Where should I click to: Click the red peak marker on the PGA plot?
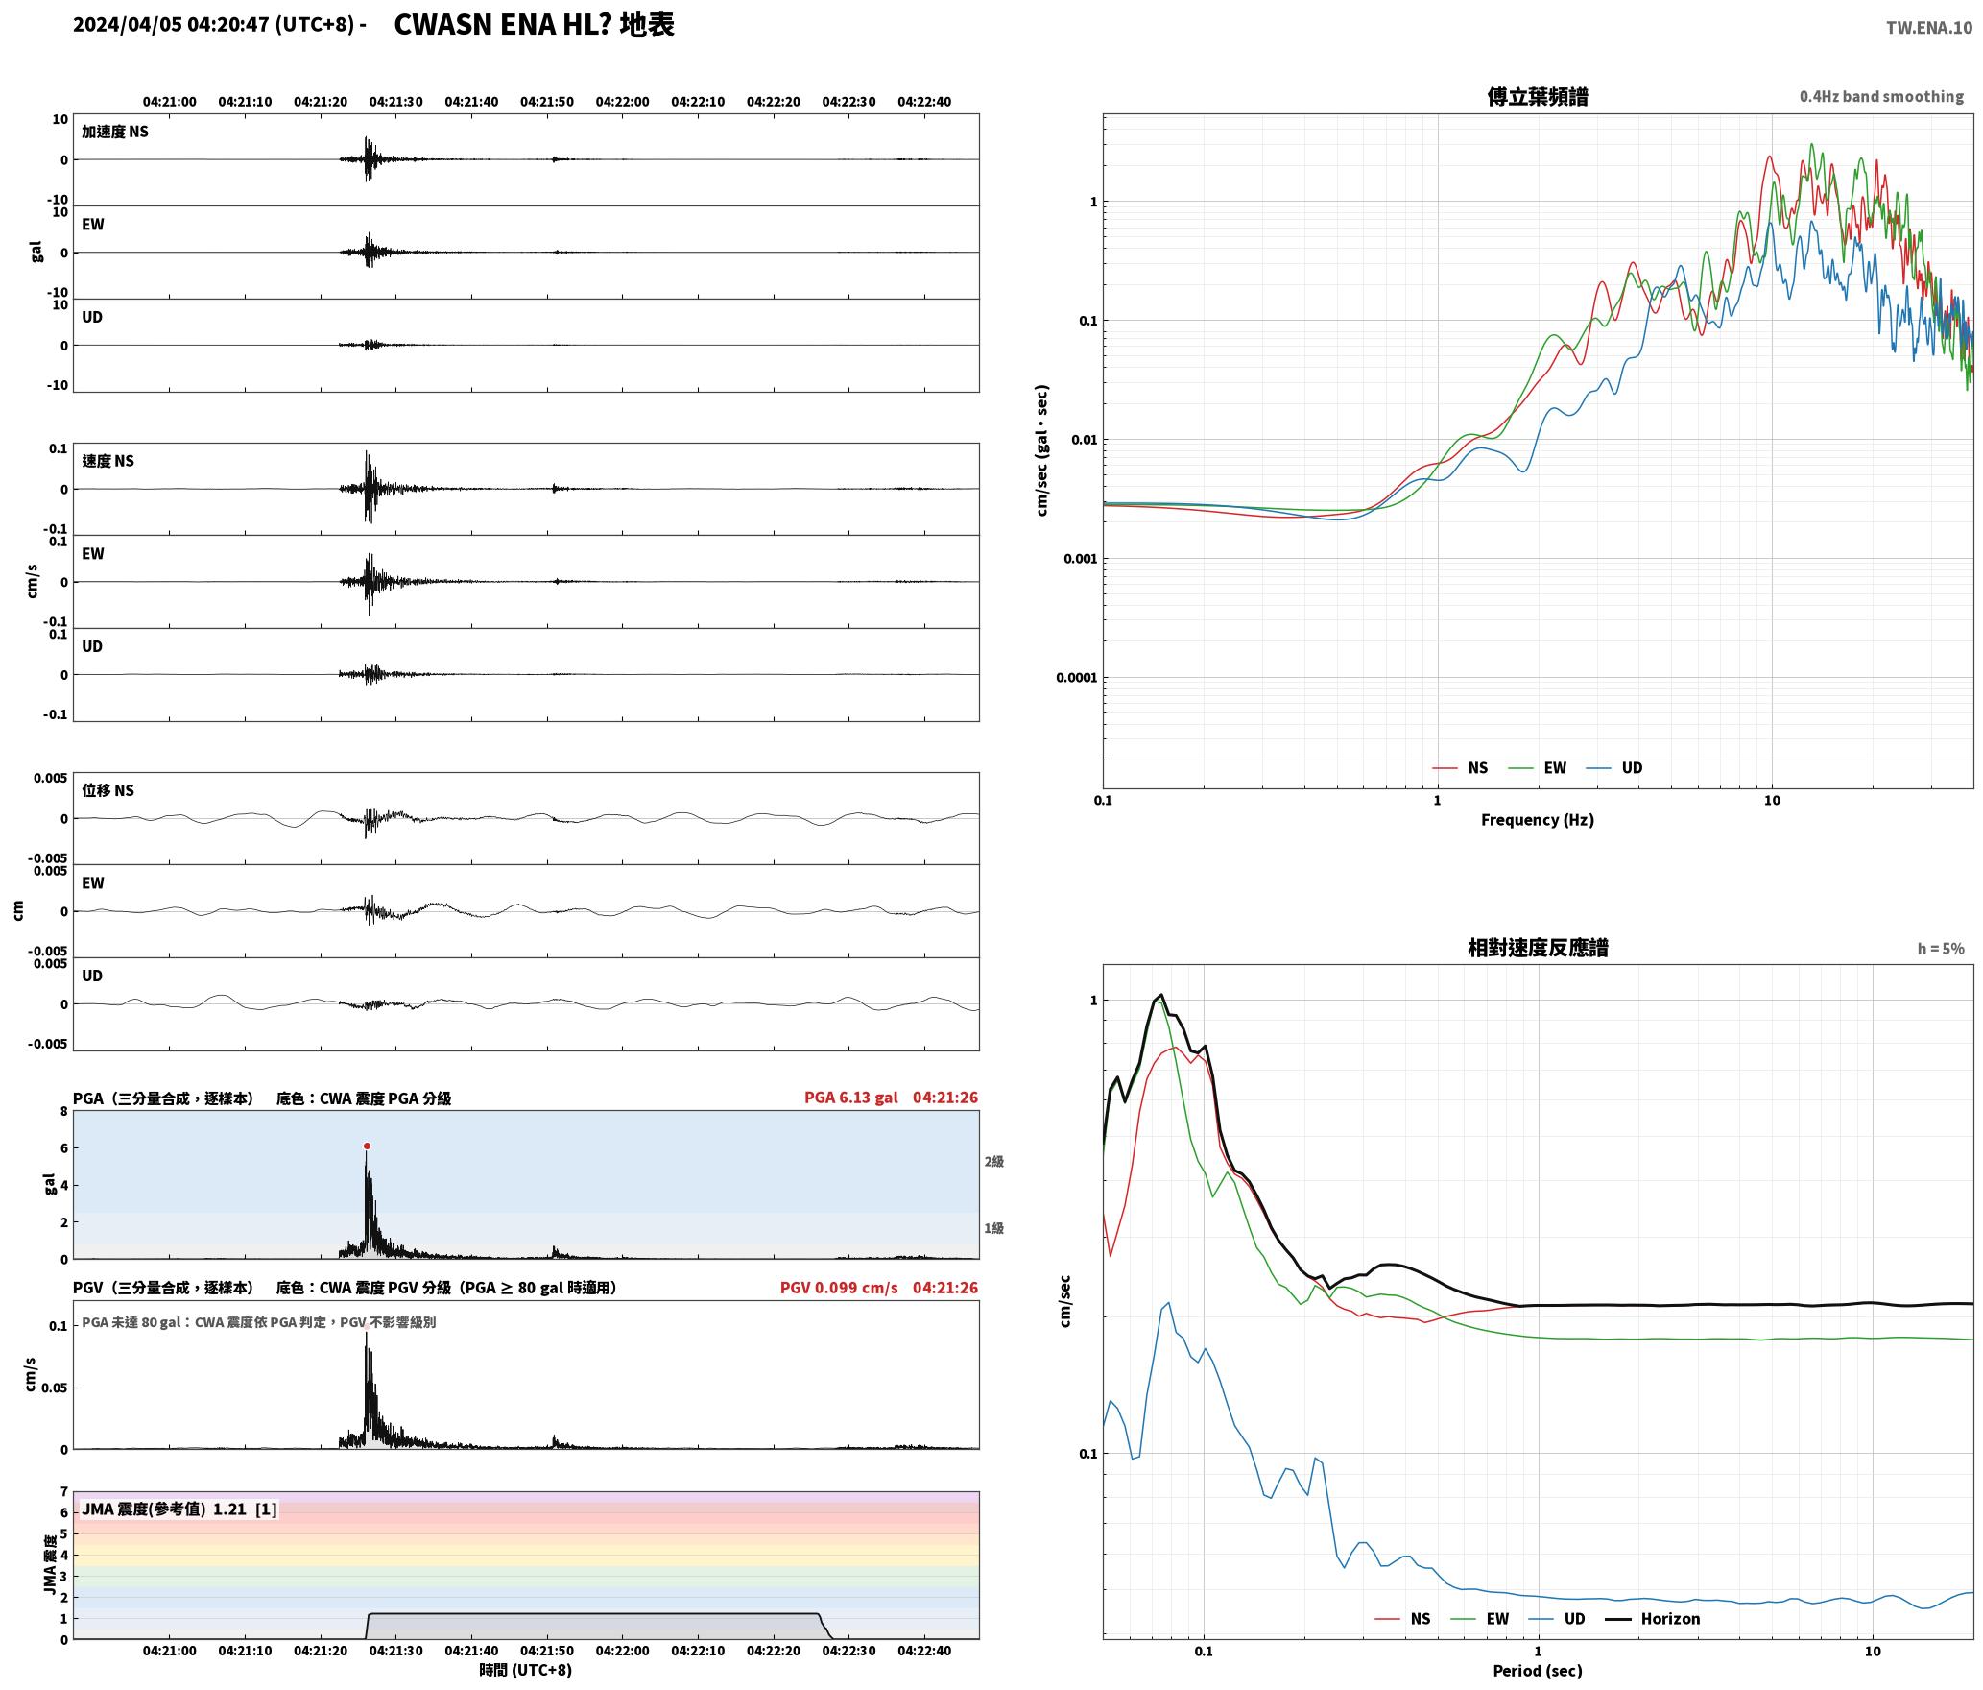click(x=367, y=1146)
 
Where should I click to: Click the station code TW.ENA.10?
click(x=1929, y=28)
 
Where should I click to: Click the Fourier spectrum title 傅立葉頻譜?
click(x=1538, y=97)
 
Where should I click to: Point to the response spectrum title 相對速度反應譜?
click(x=1538, y=948)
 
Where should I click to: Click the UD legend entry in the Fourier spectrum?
click(x=1614, y=768)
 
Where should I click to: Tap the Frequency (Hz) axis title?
click(x=1538, y=820)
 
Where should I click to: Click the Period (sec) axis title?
click(x=1538, y=1671)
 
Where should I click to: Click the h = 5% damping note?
click(x=1941, y=949)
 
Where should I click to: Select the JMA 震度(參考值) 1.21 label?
click(x=179, y=1509)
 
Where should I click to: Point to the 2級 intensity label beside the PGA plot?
click(x=993, y=1162)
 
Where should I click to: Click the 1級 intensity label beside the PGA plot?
click(x=993, y=1228)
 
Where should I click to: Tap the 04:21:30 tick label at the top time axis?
click(x=396, y=102)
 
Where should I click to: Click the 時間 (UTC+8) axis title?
click(x=526, y=1670)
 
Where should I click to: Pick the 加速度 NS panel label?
click(x=115, y=132)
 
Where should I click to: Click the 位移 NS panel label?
click(x=108, y=790)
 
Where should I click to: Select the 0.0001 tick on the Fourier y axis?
click(x=1076, y=678)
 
